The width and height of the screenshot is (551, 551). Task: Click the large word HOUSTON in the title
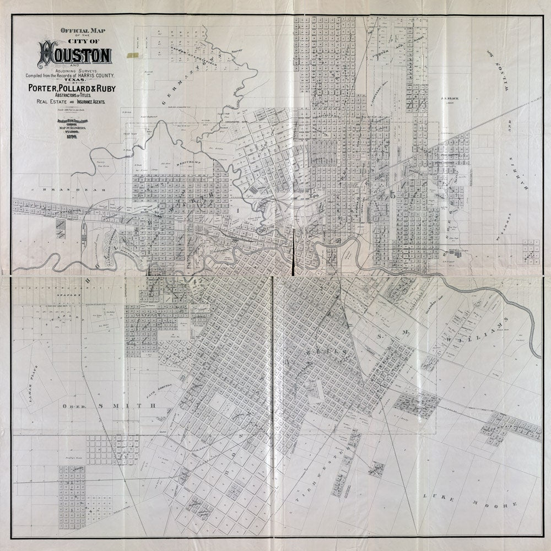(x=74, y=56)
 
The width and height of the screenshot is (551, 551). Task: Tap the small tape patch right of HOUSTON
(x=132, y=55)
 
